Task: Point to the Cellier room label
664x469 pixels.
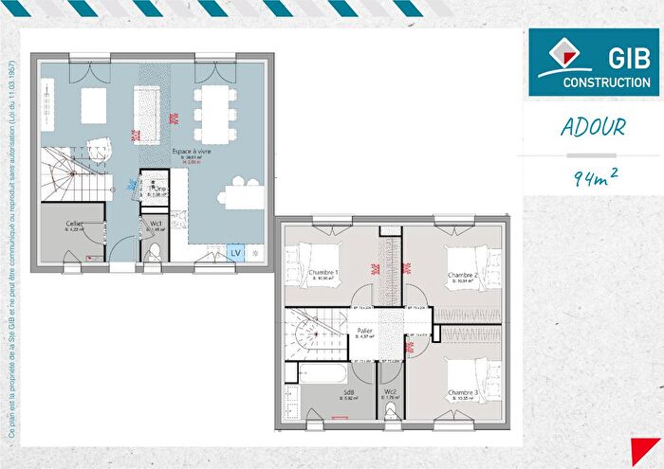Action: [x=73, y=224]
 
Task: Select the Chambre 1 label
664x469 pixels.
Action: [x=323, y=274]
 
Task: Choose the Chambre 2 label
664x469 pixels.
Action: [x=462, y=275]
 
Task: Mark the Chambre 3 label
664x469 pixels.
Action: [x=463, y=392]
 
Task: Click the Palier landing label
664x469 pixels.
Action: [x=363, y=332]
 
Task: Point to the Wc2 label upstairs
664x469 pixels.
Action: [x=390, y=392]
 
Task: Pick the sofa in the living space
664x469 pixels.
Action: [x=94, y=101]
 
